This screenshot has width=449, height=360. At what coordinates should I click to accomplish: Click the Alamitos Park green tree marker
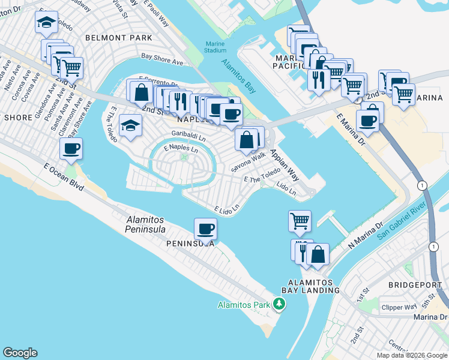[x=279, y=304]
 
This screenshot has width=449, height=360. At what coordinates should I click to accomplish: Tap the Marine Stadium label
[x=215, y=47]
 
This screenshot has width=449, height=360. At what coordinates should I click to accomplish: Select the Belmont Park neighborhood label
[x=119, y=38]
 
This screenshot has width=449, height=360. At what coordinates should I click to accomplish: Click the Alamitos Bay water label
[x=238, y=76]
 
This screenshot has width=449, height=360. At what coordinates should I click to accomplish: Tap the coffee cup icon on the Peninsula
[x=206, y=228]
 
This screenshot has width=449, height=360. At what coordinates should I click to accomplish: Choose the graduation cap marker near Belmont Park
[x=46, y=23]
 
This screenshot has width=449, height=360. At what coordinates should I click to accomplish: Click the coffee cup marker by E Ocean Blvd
[x=71, y=149]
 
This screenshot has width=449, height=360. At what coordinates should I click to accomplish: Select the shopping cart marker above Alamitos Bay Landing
[x=300, y=220]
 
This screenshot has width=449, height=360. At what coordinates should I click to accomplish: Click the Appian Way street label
[x=284, y=165]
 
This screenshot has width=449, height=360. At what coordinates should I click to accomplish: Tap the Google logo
[x=20, y=353]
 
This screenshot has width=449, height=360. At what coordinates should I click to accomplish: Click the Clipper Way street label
[x=399, y=308]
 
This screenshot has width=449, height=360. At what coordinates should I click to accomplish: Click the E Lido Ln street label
[x=227, y=209]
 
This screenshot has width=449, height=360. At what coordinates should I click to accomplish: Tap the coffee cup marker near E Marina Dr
[x=367, y=119]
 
